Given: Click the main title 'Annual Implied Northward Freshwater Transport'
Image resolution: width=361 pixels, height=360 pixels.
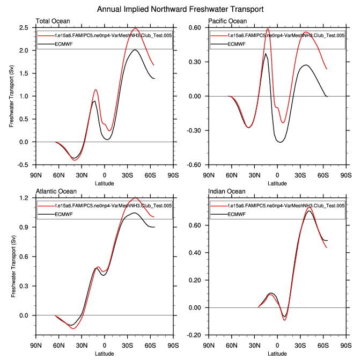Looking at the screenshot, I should [180, 10].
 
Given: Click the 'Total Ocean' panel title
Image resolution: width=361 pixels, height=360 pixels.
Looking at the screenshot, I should [53, 21].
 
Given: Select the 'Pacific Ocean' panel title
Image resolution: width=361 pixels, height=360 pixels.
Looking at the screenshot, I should [228, 21].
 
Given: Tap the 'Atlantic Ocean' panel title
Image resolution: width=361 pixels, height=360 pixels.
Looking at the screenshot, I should [56, 192].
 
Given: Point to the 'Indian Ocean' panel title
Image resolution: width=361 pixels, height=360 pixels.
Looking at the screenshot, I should [226, 192].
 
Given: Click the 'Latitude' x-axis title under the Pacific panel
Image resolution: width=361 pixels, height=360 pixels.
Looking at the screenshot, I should [277, 183].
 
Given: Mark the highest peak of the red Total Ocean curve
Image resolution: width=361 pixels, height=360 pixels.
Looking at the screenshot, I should [136, 28].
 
